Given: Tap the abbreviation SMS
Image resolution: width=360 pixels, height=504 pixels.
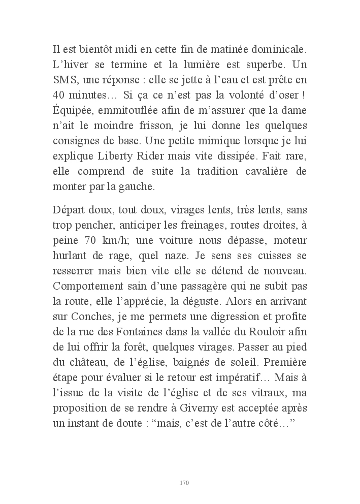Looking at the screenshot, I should tap(65, 80).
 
